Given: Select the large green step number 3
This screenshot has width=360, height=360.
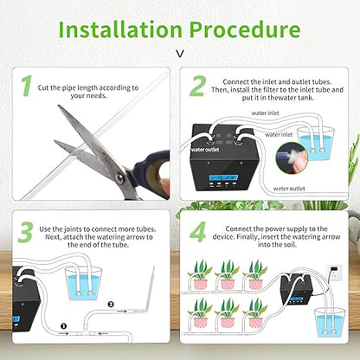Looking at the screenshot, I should (25, 231).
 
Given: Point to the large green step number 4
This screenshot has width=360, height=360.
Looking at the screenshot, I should (199, 231).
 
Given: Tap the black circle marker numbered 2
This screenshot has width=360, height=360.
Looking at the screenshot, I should (109, 303).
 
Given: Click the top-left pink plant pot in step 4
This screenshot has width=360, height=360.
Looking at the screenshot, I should (201, 280).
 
